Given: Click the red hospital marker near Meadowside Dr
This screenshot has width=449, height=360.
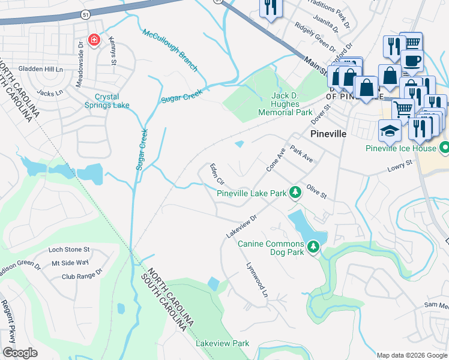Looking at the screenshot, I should click(x=94, y=40).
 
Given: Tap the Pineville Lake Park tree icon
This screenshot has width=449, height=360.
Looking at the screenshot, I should click(x=295, y=193).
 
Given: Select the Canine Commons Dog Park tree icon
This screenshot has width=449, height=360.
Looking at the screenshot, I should click(x=313, y=247).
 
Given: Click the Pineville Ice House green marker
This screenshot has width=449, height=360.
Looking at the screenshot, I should click(x=444, y=147).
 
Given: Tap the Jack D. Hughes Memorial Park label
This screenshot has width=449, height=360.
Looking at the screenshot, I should click(x=285, y=104).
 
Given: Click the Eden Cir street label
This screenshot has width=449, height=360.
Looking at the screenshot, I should click(x=216, y=173).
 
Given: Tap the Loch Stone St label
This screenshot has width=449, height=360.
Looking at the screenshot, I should click(x=69, y=250).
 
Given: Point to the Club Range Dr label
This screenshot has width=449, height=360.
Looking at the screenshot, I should click(x=85, y=277).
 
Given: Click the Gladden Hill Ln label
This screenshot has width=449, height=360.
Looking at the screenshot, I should click(x=41, y=70).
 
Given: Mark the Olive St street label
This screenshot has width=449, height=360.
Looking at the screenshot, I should click(x=316, y=191).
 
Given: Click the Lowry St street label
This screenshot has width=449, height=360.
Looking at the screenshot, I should click(x=401, y=163).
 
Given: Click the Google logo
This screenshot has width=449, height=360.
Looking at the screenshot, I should click(x=20, y=352).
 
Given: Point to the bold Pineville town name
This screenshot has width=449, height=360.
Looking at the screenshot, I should click(x=328, y=134).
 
